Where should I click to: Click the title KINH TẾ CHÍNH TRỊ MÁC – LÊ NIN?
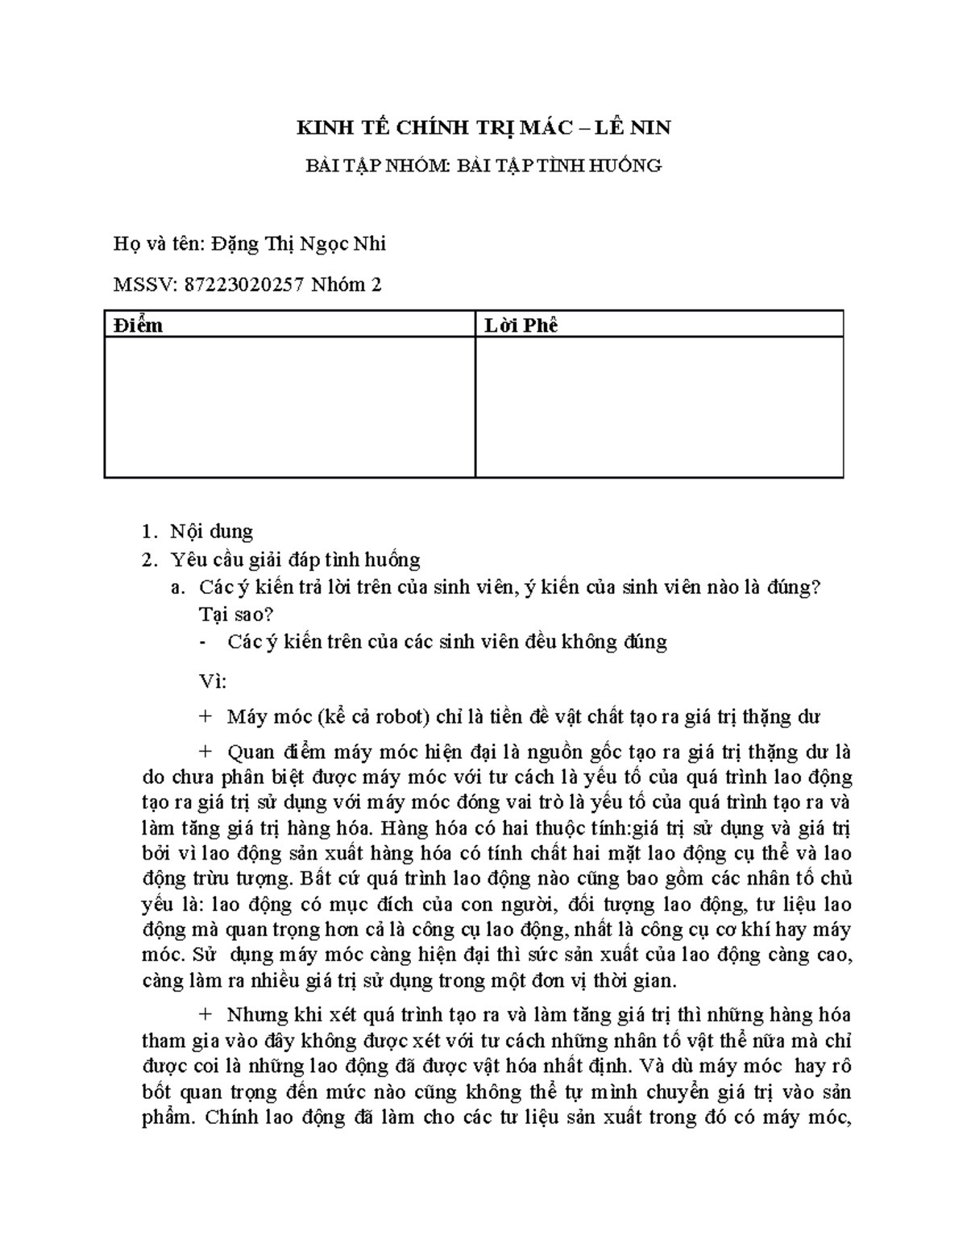pos(483,127)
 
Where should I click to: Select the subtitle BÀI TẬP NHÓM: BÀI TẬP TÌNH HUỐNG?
pos(483,165)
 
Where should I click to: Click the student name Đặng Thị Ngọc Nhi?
pos(299,243)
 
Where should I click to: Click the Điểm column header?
pos(138,325)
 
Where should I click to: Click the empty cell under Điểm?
pos(289,407)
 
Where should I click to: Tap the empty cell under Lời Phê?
pos(659,407)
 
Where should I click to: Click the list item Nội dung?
pos(211,532)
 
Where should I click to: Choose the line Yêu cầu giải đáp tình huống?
pos(295,559)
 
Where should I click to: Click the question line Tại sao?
pos(236,614)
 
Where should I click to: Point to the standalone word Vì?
pos(213,681)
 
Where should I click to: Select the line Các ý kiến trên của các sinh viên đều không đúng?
pos(447,642)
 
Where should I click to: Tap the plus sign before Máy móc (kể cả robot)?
pos(205,716)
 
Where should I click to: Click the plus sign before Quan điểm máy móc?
pos(205,752)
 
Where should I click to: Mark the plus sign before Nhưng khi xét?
pos(205,1014)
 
